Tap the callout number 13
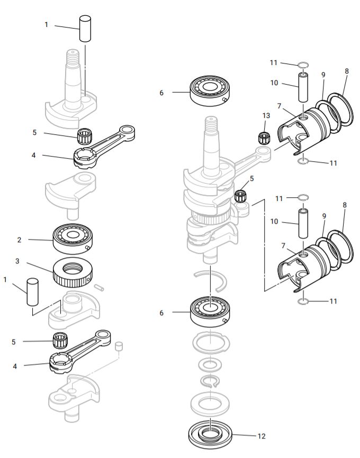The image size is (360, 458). [x=266, y=115]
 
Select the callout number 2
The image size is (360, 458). [x=19, y=240]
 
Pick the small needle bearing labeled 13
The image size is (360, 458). [x=264, y=136]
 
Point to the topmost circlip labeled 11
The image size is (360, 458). [x=303, y=66]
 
